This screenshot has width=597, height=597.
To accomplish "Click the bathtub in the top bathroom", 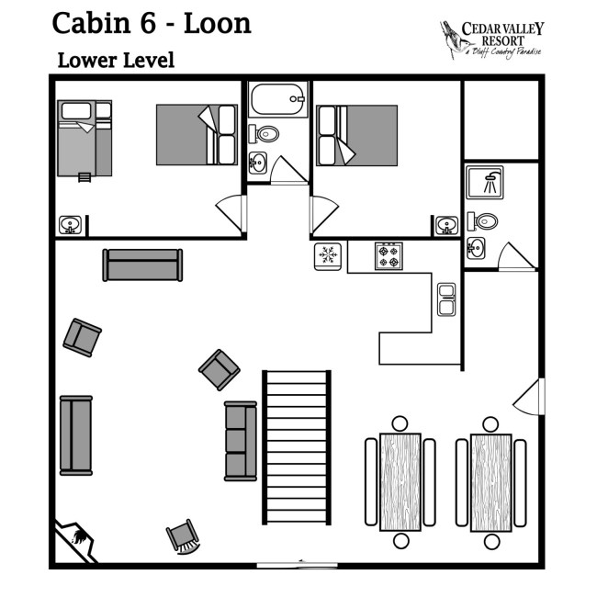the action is pyautogui.click(x=278, y=99).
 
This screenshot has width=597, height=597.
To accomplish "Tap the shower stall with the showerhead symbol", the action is pyautogui.click(x=485, y=183).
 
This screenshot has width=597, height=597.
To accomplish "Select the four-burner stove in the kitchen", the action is pyautogui.click(x=389, y=256).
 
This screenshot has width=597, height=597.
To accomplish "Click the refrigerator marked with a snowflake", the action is pyautogui.click(x=328, y=256).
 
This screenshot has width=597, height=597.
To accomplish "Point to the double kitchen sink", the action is pyautogui.click(x=446, y=299).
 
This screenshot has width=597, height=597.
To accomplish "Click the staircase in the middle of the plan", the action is pyautogui.click(x=297, y=447).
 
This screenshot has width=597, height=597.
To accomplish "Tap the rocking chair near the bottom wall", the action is pyautogui.click(x=183, y=537).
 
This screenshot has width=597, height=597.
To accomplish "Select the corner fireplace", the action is pyautogui.click(x=75, y=541).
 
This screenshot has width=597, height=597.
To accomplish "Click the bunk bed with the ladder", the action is pyautogui.click(x=84, y=140).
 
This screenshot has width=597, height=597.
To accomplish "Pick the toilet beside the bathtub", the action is pyautogui.click(x=264, y=134).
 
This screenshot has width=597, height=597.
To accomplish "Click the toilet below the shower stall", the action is pyautogui.click(x=482, y=221).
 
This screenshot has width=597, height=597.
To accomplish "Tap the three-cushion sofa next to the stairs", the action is pyautogui.click(x=241, y=441).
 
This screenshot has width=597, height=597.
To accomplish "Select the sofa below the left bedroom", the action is pyautogui.click(x=142, y=265).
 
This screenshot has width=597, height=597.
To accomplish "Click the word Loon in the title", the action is pyautogui.click(x=218, y=24).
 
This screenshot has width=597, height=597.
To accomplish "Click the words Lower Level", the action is pyautogui.click(x=116, y=60).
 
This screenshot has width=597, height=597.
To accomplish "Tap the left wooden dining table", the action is pyautogui.click(x=400, y=481).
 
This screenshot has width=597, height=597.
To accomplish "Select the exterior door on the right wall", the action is pyautogui.click(x=529, y=397).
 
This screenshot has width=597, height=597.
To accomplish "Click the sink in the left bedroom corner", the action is pyautogui.click(x=70, y=225).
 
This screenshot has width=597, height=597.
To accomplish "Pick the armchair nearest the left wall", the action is pyautogui.click(x=82, y=338).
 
